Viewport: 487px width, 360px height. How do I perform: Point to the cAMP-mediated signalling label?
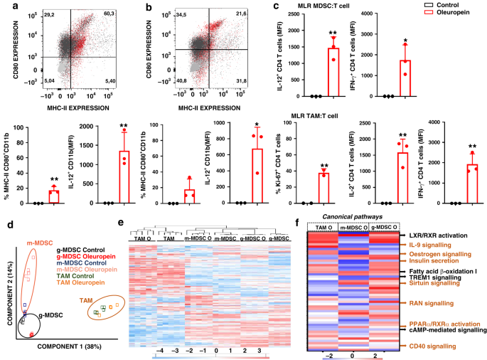[x=441, y=329]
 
